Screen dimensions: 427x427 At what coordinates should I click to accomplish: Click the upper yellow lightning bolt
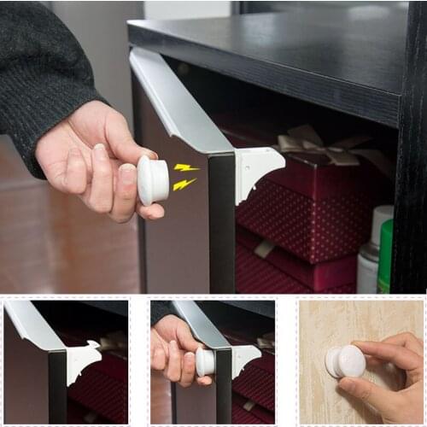pyautogui.click(x=186, y=167)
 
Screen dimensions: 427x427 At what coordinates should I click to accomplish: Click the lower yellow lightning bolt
pyautogui.click(x=184, y=184)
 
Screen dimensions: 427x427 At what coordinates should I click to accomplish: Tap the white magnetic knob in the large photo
pyautogui.click(x=153, y=180)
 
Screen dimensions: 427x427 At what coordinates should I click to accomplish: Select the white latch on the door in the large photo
pyautogui.click(x=257, y=167)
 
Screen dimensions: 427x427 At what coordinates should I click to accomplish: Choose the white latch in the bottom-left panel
pyautogui.click(x=84, y=359)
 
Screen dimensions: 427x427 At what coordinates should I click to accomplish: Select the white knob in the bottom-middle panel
pyautogui.click(x=205, y=361)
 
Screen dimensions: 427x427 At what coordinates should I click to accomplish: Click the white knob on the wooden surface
pyautogui.click(x=347, y=361)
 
